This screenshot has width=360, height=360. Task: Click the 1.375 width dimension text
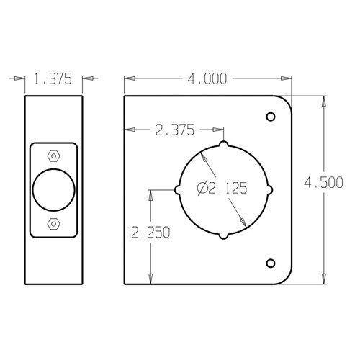pyautogui.click(x=55, y=80)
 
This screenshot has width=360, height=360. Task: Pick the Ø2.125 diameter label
pyautogui.click(x=222, y=189)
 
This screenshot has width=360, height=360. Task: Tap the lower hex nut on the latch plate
pyautogui.click(x=53, y=224)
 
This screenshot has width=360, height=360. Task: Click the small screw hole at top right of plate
pyautogui.click(x=271, y=117)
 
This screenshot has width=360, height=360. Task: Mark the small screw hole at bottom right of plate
pyautogui.click(x=271, y=262)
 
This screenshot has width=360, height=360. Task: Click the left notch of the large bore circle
pyautogui.click(x=178, y=190)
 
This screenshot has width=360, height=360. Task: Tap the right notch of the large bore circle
pyautogui.click(x=269, y=190)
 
